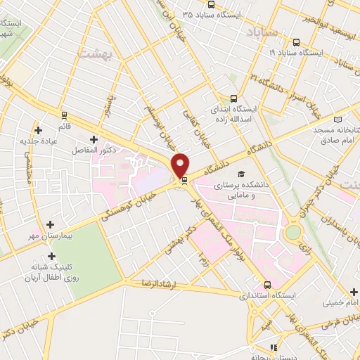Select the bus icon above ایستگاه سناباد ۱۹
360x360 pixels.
click(297, 41)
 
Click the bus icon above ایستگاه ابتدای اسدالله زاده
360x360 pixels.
click(233, 98)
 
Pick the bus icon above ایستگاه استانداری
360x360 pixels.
click(267, 285)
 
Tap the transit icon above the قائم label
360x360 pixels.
click(65, 115)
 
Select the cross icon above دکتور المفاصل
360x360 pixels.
click(94, 139)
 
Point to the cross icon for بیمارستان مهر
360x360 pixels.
click(50, 224)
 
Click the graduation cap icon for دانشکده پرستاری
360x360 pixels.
click(241, 173)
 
